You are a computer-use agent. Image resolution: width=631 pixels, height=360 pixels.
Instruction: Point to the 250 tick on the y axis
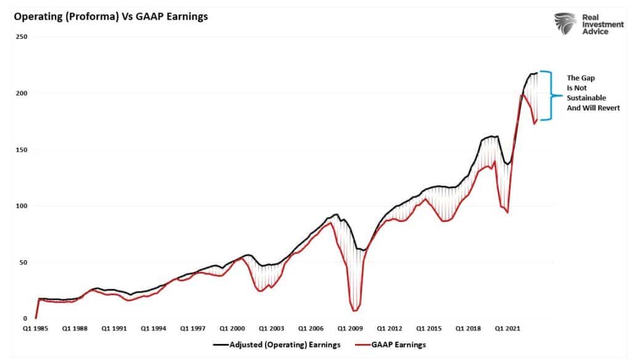pyautogui.click(x=23, y=37)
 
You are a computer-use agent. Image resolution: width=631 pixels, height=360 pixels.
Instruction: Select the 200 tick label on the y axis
pyautogui.click(x=23, y=93)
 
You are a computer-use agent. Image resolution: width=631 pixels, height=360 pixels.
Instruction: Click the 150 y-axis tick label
pyautogui.click(x=23, y=150)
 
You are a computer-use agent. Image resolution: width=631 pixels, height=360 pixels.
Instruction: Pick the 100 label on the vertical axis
pyautogui.click(x=23, y=206)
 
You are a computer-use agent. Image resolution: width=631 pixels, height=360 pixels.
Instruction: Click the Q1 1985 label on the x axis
pyautogui.click(x=36, y=329)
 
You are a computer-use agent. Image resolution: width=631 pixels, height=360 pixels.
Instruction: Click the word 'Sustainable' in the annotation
pyautogui.click(x=587, y=97)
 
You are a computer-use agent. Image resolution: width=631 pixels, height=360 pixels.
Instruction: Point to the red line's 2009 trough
pyautogui.click(x=355, y=311)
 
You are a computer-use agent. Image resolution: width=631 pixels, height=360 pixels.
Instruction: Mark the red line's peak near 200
pyautogui.click(x=523, y=95)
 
